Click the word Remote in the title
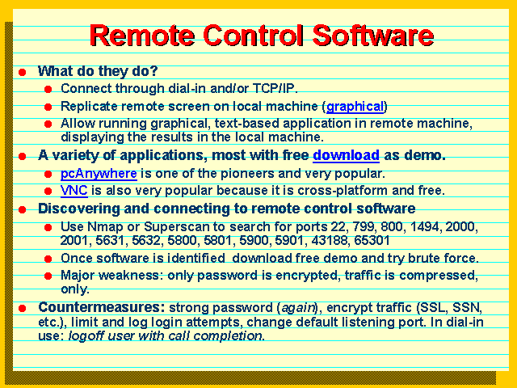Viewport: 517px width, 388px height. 142,36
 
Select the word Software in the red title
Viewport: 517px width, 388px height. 373,36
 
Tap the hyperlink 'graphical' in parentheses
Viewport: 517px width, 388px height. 355,107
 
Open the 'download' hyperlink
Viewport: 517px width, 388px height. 346,154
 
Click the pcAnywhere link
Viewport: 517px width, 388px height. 99,174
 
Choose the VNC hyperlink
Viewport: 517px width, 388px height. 74,191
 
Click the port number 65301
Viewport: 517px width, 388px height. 372,241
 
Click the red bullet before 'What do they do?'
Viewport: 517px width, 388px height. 22,72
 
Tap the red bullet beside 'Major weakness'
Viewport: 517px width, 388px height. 48,276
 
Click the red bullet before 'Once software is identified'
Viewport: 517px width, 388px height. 48,259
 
